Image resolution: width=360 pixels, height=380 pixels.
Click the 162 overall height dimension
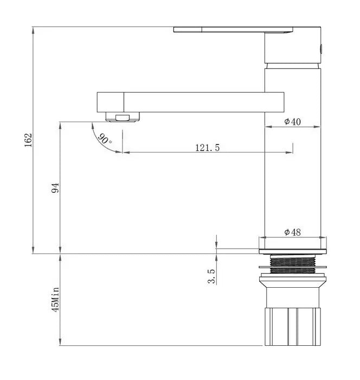coord(29,140)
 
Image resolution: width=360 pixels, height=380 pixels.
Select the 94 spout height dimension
coord(55,188)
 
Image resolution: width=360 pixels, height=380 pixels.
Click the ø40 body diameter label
coord(292,122)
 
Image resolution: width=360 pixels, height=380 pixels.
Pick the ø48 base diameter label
coord(292,232)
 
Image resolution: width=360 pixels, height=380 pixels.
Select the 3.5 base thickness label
coord(211,277)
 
